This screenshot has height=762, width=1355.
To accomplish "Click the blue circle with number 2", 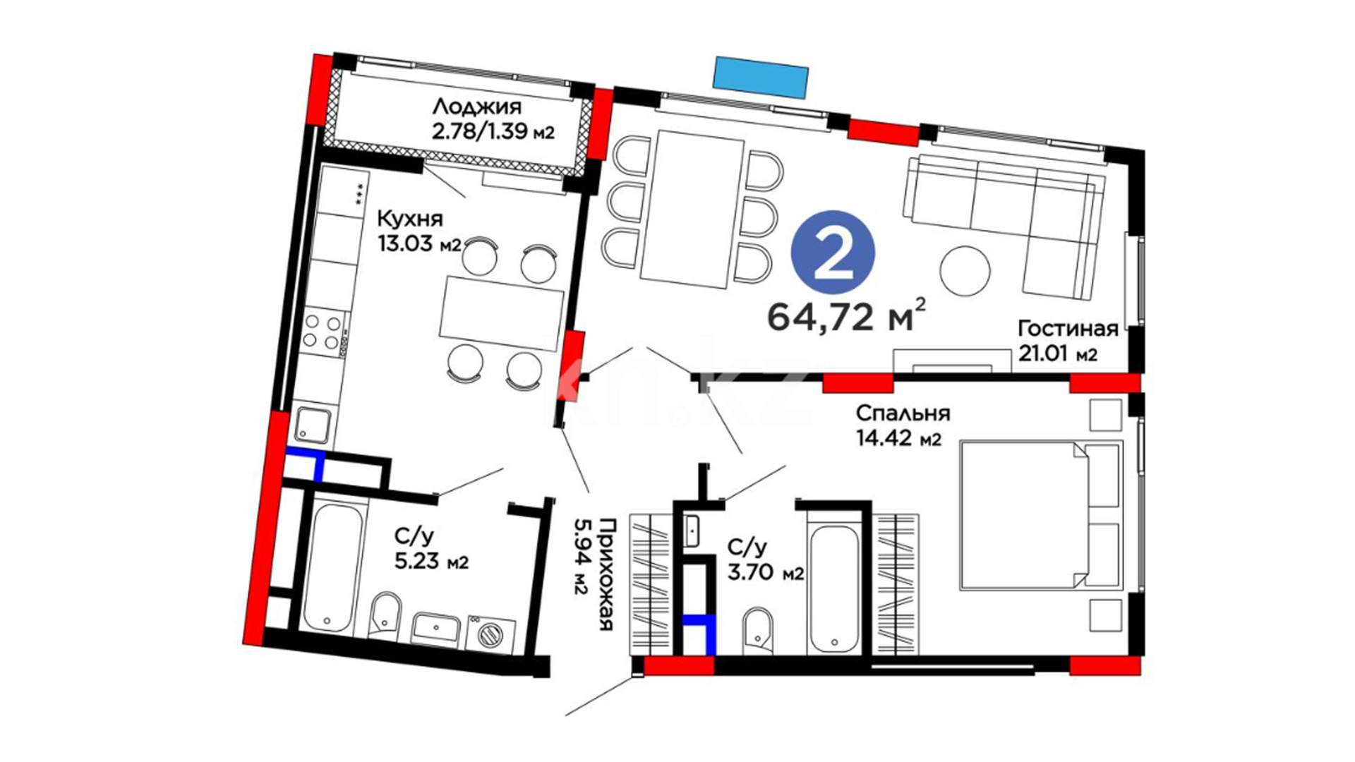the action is point(833,252).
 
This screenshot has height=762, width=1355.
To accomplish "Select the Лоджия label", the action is point(476,107).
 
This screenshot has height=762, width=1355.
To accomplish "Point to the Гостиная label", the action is point(1068,329).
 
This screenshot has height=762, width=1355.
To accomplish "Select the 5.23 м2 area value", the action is point(430,562).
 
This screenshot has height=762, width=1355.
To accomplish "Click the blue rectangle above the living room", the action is point(760,77).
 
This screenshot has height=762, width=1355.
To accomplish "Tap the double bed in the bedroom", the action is point(1040,515).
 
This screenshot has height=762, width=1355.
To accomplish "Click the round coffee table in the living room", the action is point(965,270).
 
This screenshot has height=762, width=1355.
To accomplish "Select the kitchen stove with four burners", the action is point(325,332).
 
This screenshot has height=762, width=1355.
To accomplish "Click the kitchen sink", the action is point(313,424).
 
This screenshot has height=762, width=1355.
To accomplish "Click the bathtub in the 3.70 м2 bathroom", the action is point(833,588).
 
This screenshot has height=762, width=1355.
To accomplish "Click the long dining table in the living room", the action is point(692,210).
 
